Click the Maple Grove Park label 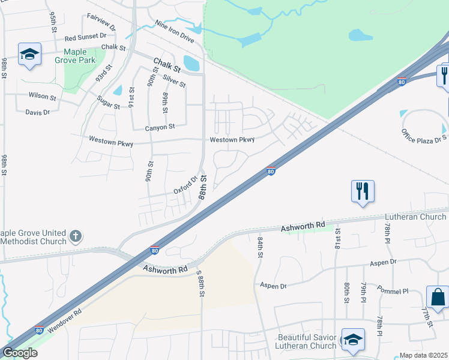(x=71, y=56)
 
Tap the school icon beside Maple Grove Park (x=29, y=54)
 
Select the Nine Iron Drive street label (x=174, y=32)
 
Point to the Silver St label (x=174, y=81)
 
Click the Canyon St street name (x=160, y=127)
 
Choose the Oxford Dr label (x=185, y=184)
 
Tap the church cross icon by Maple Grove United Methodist (x=75, y=236)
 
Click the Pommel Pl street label (x=393, y=290)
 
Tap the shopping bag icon (x=438, y=296)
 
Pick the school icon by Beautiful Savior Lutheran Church (x=353, y=339)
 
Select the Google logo (x=19, y=352)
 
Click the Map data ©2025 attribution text (x=423, y=355)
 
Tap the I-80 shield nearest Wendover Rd (x=39, y=330)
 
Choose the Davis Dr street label (x=37, y=112)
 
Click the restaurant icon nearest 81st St (x=363, y=191)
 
